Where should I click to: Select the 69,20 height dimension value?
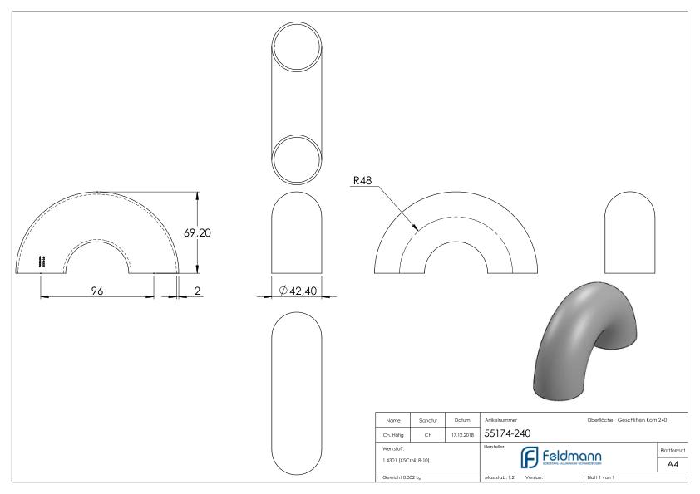coord(197,233)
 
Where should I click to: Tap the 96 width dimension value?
coord(96,290)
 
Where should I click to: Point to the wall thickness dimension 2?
coord(196,290)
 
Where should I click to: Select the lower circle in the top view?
coord(298,155)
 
